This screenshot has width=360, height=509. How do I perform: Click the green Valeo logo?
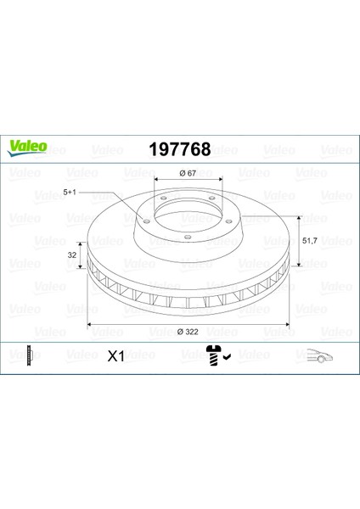(27, 148)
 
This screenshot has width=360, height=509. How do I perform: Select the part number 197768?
(180, 149)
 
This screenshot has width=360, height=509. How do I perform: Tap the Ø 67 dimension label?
(188, 173)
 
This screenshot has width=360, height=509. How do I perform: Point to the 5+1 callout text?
(70, 193)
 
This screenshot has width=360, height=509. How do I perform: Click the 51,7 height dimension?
(309, 241)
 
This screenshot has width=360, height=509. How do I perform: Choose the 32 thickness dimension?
(72, 255)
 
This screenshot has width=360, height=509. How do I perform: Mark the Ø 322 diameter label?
(188, 332)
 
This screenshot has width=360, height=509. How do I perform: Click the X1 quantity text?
(116, 357)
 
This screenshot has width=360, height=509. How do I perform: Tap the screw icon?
(213, 355)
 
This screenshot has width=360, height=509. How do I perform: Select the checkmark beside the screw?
(227, 357)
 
